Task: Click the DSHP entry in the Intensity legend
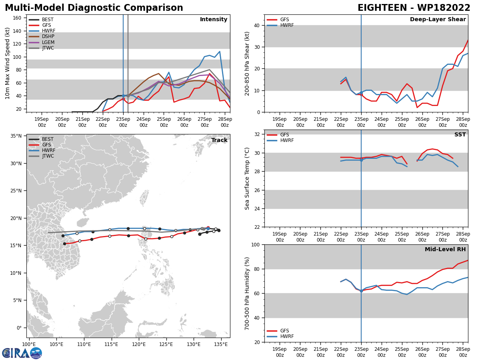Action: pos(41,36)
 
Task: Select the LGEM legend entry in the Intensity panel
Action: pos(41,42)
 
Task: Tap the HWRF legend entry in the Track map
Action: pos(42,150)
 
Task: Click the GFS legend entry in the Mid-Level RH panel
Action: pos(278,331)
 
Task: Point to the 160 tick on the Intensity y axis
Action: pos(17,18)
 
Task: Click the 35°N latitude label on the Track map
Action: pos(16,136)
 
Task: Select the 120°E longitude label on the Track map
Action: pos(139,345)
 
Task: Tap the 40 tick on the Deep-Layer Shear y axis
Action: pos(257,25)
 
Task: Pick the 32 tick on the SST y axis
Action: pos(257,134)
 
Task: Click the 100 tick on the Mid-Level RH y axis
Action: pos(255,245)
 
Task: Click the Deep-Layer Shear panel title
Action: pos(438,20)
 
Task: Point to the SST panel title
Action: pos(460,134)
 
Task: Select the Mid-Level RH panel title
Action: pos(445,249)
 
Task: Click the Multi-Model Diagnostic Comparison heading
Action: pos(94,8)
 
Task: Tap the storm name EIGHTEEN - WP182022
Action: pos(414,8)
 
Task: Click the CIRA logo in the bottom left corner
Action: pos(22,353)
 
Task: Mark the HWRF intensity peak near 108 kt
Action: pos(220,52)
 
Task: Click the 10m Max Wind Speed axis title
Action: pos(7,63)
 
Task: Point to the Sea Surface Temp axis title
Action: pos(247,179)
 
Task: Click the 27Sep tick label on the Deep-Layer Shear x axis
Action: pos(443,122)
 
